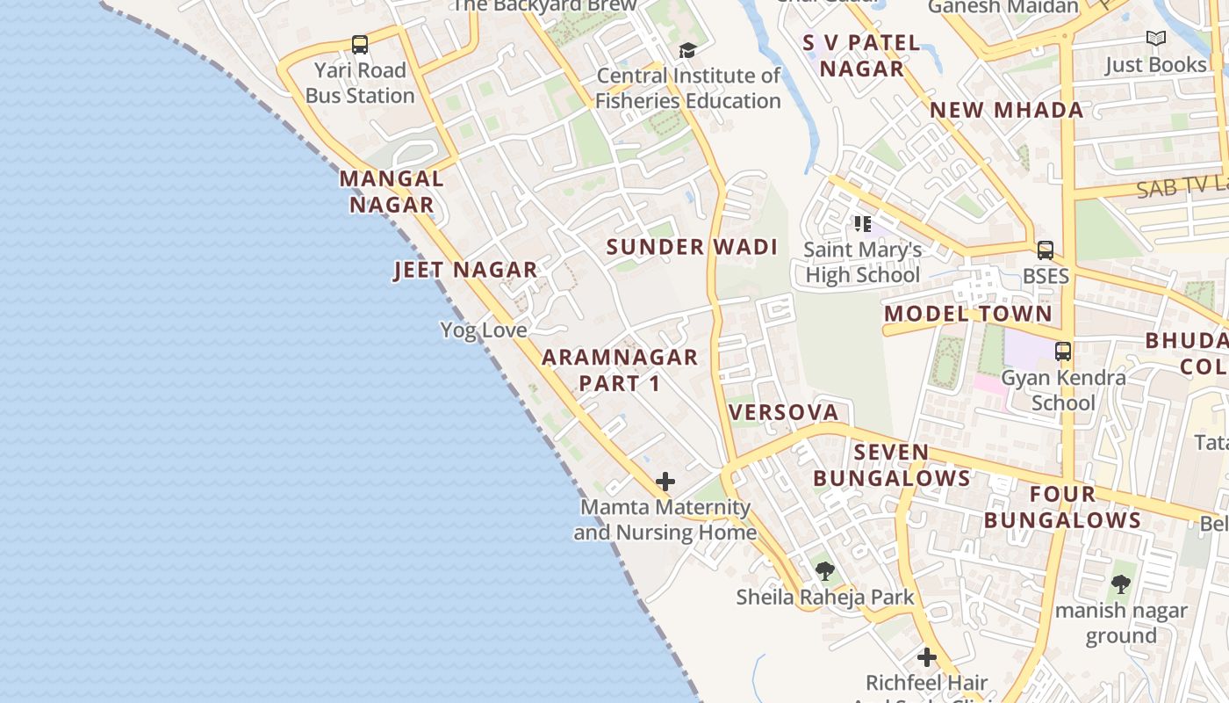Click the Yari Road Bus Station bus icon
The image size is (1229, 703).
pos(359,45)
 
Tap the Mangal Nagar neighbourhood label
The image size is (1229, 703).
pos(392,192)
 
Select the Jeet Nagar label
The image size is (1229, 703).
pos(465,270)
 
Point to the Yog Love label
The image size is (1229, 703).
pos(484,330)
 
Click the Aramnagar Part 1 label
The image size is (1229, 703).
pos(620,370)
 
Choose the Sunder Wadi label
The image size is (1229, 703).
pos(692,247)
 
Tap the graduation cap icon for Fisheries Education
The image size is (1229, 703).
pos(687,50)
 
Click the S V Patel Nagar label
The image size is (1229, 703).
pos(861,55)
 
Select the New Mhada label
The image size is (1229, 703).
pos(1006,110)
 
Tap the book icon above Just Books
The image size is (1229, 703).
pos(1156,39)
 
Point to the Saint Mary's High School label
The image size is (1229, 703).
pos(862,263)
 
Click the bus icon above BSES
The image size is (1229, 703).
pos(1045,250)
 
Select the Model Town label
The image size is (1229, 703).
pos(967,314)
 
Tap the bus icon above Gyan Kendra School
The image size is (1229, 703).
pos(1063,351)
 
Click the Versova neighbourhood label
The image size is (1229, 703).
pos(783,412)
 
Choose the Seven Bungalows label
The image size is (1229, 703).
pos(891,466)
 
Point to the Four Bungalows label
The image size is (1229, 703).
pos(1062,507)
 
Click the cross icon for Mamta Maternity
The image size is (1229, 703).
pos(665,482)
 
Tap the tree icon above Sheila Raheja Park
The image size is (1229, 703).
pos(824,571)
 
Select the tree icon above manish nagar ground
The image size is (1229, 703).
pos(1120,583)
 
